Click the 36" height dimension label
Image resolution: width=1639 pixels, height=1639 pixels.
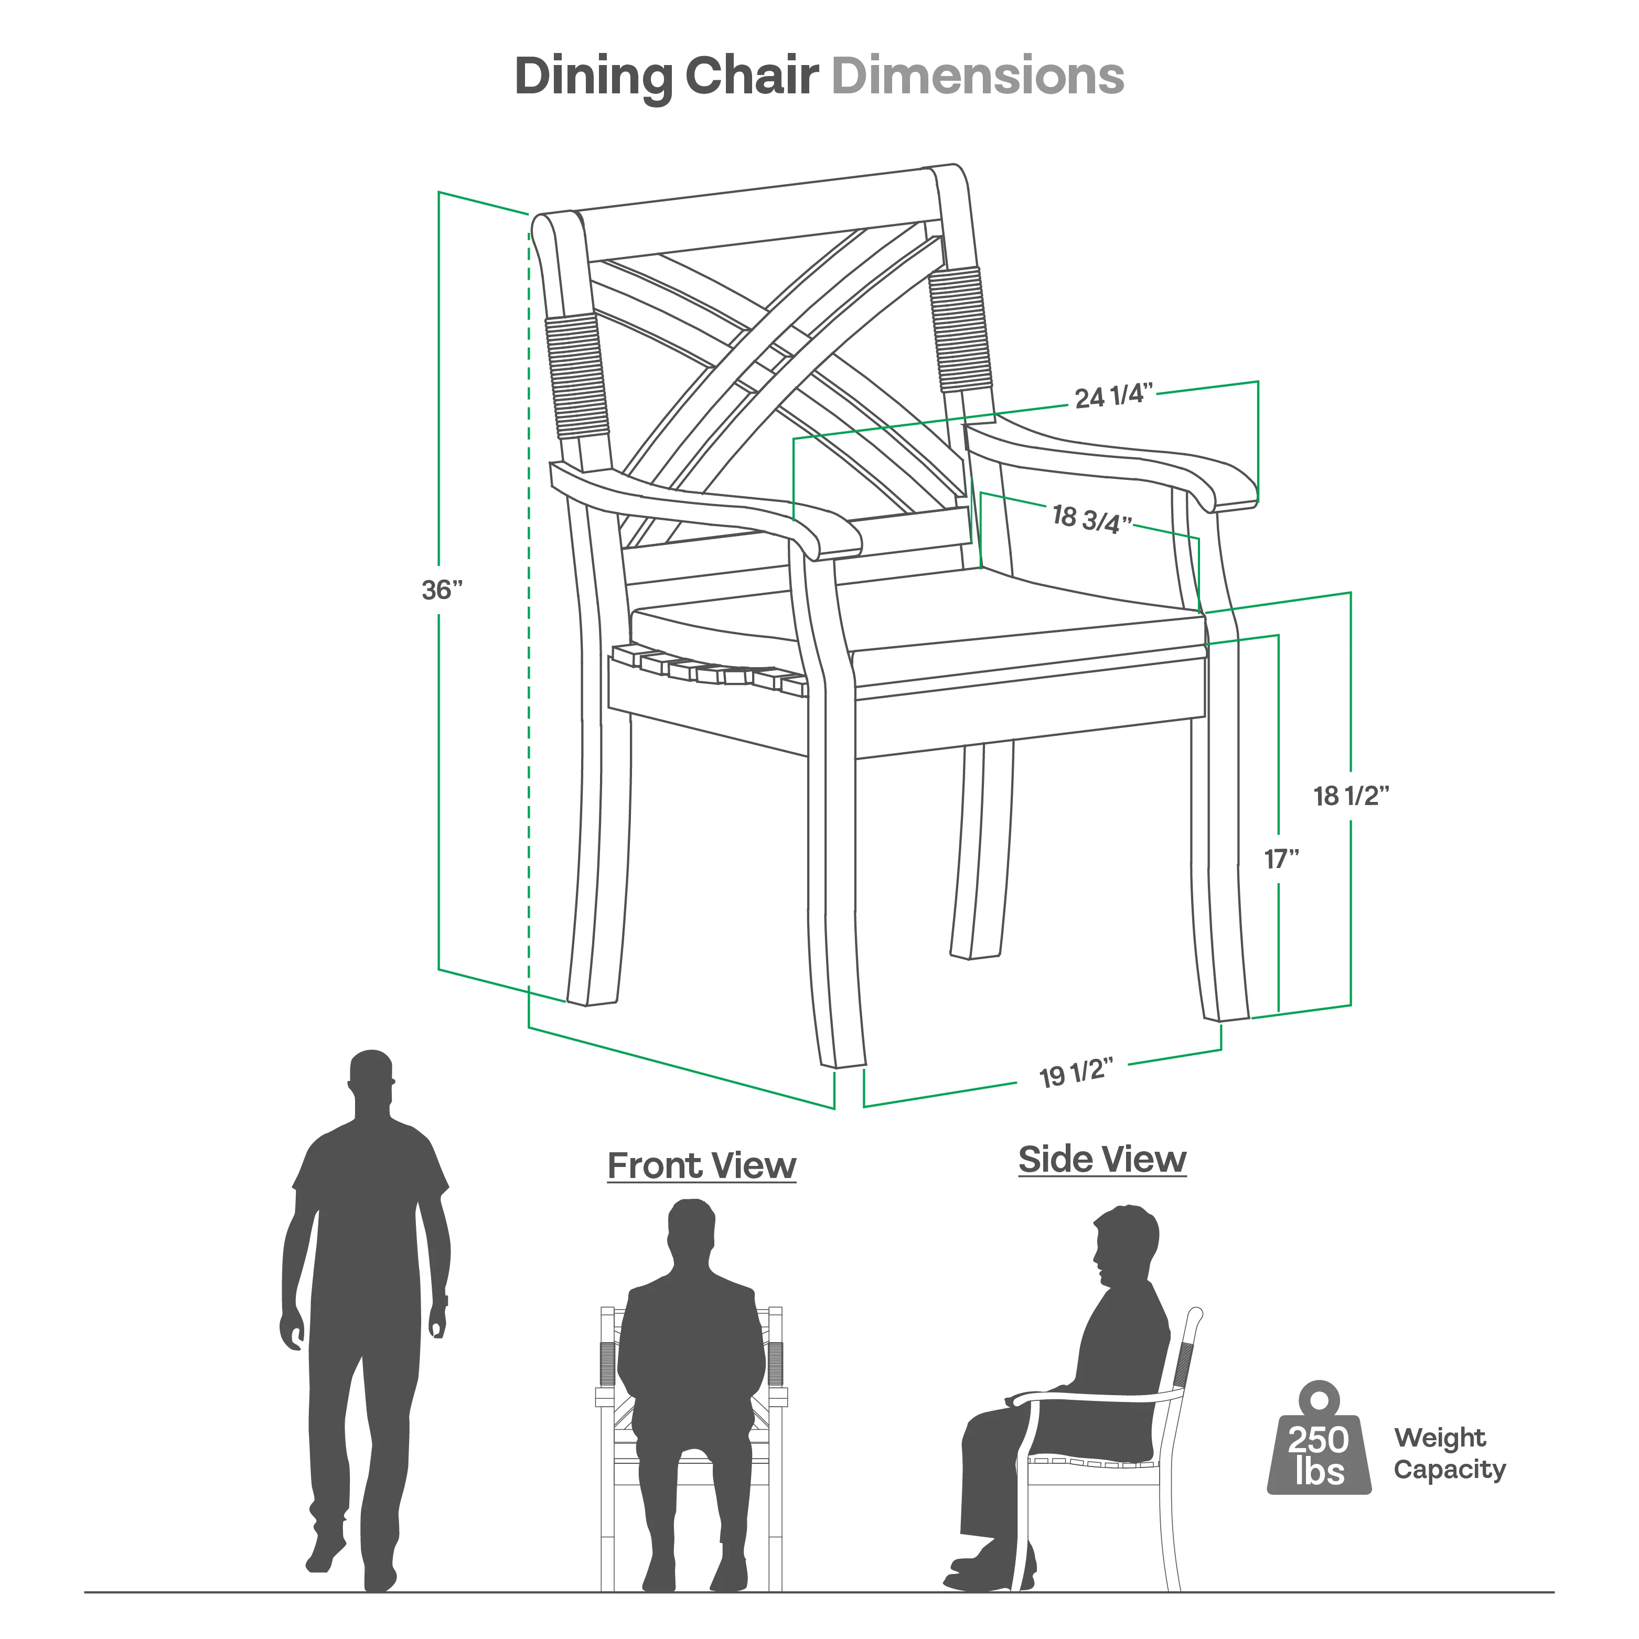442,590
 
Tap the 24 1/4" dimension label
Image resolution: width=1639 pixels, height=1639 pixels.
1115,395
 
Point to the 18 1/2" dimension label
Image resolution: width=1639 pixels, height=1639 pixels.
1352,796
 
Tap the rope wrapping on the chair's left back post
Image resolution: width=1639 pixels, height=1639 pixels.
577,376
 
